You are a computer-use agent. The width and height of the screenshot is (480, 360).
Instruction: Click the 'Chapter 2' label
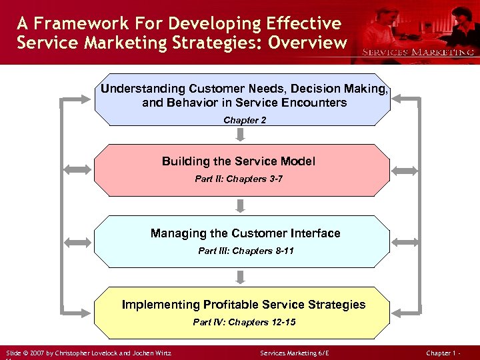pos(241,121)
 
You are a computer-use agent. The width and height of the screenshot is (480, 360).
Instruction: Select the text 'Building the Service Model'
pos(239,161)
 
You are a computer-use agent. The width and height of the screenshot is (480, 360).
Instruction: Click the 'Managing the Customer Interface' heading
pos(245,233)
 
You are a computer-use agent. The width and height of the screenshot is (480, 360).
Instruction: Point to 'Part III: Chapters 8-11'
pos(245,251)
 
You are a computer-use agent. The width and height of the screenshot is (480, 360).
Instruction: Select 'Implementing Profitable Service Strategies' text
pos(243,305)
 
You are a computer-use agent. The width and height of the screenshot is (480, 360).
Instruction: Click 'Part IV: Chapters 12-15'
pos(244,323)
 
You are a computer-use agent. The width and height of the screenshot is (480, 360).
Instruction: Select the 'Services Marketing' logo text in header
pos(417,52)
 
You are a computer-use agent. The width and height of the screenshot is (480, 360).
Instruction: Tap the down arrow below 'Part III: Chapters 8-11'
pos(241,277)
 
